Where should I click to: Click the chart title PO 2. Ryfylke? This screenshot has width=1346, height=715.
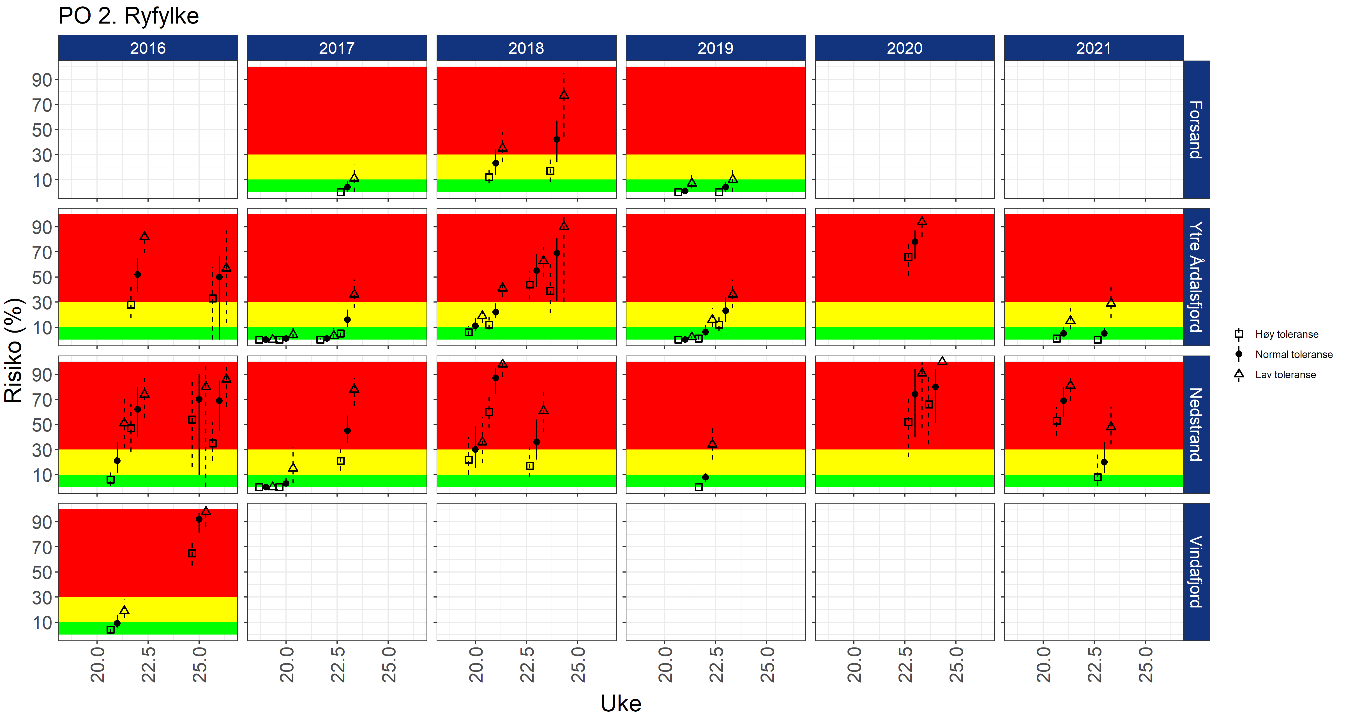(x=128, y=16)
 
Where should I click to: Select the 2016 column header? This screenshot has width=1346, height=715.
(x=148, y=48)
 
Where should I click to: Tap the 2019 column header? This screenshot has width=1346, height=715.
(x=715, y=48)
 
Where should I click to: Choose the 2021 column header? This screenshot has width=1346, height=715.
(x=1094, y=48)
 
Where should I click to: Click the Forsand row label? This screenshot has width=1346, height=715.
(x=1196, y=130)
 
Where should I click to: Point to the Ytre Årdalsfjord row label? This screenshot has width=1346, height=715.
(x=1196, y=277)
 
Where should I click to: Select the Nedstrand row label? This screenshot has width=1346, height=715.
(x=1196, y=425)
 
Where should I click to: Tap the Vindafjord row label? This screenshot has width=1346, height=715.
(x=1196, y=572)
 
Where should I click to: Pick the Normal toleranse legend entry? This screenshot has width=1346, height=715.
(x=1293, y=354)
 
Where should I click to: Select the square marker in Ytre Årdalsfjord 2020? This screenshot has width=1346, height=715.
(x=909, y=257)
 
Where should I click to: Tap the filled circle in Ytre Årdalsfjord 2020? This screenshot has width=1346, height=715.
(x=915, y=242)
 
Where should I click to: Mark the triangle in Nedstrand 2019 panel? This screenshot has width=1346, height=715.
(x=712, y=444)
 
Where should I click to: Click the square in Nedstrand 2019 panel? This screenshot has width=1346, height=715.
(x=699, y=487)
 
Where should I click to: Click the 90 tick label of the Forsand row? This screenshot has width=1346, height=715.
(x=42, y=80)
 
